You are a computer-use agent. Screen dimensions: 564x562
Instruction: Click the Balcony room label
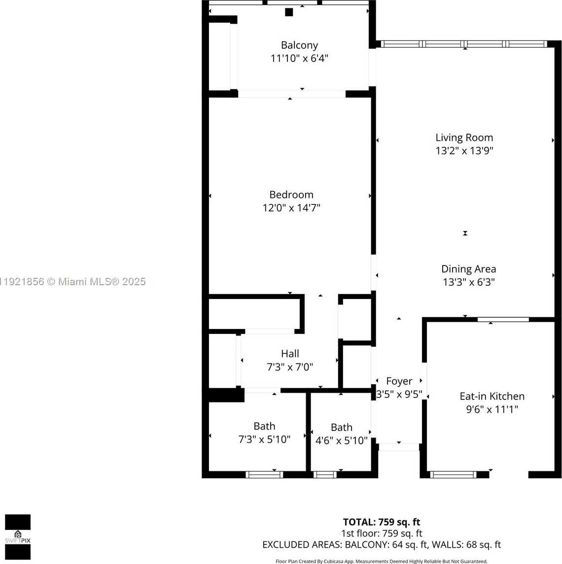[299, 45]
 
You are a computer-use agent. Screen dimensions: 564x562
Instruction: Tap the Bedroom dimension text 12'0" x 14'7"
[291, 208]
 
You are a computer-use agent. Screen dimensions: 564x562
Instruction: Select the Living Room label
[464, 138]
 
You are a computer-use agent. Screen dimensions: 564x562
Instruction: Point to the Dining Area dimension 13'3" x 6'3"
[468, 282]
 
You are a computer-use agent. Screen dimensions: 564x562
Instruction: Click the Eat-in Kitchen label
[492, 396]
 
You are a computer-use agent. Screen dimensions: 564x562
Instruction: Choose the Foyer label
[399, 381]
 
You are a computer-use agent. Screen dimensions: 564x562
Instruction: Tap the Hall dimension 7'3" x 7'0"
[290, 367]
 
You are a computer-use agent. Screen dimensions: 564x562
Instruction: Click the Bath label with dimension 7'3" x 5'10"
[264, 426]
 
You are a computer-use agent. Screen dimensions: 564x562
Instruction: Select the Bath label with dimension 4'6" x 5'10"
[341, 428]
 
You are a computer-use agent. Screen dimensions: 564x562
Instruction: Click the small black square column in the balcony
[289, 12]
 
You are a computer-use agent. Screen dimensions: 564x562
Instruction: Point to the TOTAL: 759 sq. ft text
[381, 522]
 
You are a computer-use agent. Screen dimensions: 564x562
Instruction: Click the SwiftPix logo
[18, 537]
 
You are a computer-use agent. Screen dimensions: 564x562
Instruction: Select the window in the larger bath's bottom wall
[264, 474]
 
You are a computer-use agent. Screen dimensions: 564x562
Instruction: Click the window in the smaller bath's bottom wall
[325, 474]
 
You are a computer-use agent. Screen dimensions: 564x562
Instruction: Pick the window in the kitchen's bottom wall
[453, 474]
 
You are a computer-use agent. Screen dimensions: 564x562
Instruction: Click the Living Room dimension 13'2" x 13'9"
[464, 151]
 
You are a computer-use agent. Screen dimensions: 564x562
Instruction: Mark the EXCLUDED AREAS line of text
[381, 545]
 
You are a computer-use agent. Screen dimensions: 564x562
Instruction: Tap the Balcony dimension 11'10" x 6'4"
[299, 59]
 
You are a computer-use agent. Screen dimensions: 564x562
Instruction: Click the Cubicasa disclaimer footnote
[381, 561]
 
